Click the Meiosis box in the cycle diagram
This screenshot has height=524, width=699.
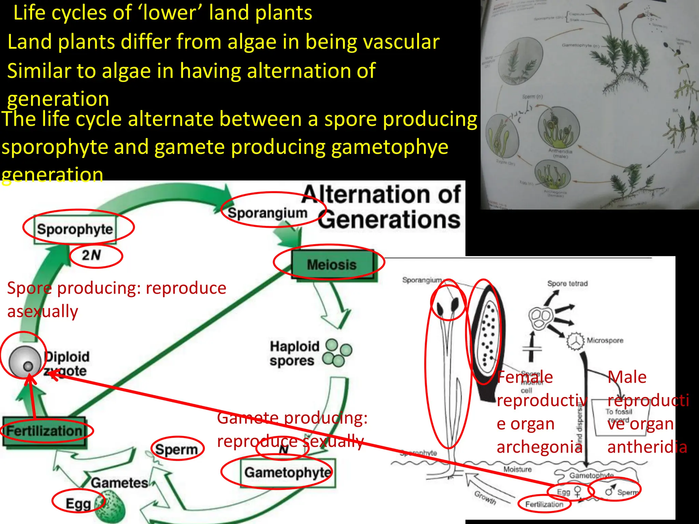click(x=332, y=264)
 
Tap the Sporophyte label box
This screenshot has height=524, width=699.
click(x=75, y=229)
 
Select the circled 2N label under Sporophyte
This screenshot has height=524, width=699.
click(x=91, y=255)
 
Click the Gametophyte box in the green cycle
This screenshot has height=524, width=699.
click(x=288, y=473)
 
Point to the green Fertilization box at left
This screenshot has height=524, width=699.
click(x=44, y=431)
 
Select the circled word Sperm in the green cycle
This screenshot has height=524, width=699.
click(x=176, y=449)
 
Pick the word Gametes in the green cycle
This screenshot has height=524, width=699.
click(x=119, y=483)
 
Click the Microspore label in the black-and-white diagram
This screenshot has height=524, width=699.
click(x=605, y=340)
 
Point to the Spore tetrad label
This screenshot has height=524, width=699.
click(x=568, y=283)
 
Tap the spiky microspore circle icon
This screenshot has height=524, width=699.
click(x=576, y=341)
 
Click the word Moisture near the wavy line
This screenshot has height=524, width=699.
click(x=517, y=469)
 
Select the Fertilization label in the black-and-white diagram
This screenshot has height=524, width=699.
click(x=544, y=504)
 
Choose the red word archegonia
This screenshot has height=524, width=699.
click(x=539, y=447)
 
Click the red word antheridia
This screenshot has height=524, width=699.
click(x=647, y=447)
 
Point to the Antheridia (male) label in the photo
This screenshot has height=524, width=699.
click(x=560, y=153)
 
